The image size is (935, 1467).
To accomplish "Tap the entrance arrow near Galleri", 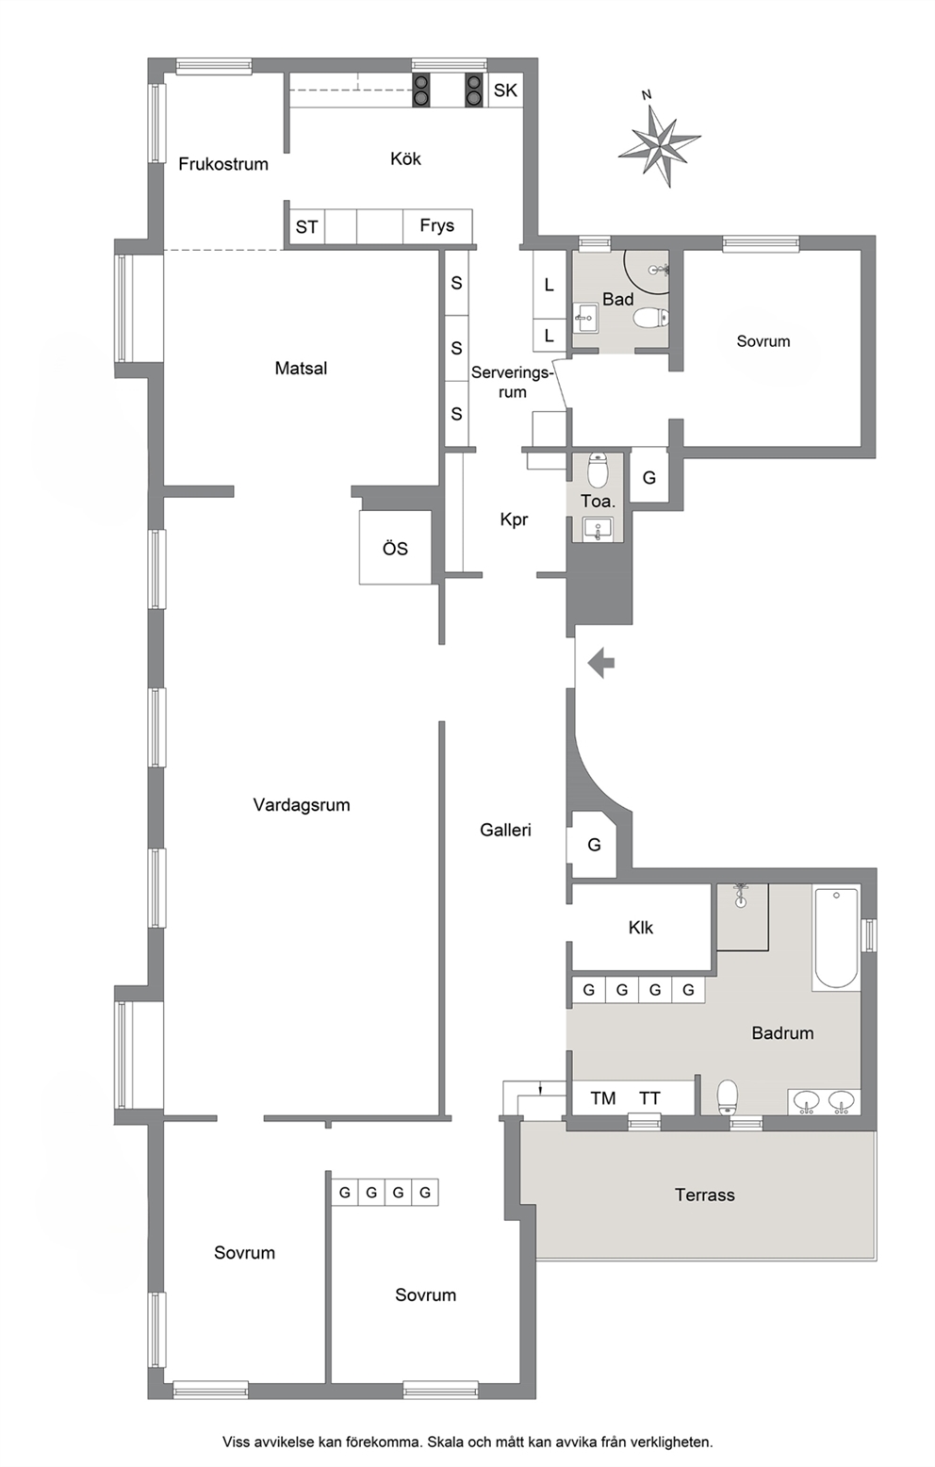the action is click(601, 664).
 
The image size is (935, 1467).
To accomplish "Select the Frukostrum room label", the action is click(223, 164).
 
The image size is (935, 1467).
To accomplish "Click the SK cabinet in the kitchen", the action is click(505, 91).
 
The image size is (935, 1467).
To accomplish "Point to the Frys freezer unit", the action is click(436, 226).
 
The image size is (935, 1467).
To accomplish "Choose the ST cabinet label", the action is click(306, 227).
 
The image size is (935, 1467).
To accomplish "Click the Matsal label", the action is click(301, 368).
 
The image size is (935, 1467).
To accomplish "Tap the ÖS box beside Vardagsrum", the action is click(395, 548).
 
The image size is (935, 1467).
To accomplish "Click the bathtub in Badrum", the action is click(835, 938).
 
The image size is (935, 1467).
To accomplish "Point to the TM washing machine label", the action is click(603, 1098).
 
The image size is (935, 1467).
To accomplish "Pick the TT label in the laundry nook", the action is click(649, 1098).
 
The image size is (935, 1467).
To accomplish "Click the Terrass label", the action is click(704, 1195).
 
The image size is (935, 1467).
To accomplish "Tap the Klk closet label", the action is click(640, 928).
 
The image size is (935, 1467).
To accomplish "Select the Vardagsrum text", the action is click(302, 805).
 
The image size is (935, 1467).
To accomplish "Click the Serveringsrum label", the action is click(512, 383).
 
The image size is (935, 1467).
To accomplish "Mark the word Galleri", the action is click(505, 831).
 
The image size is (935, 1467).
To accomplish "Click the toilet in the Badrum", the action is click(728, 1097).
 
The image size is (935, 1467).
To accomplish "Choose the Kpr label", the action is click(514, 520).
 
